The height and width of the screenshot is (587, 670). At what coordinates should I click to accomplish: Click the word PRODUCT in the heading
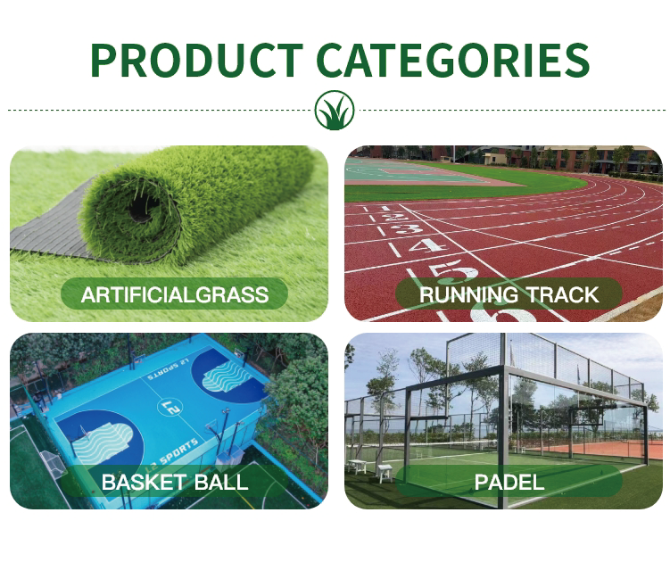click(196, 60)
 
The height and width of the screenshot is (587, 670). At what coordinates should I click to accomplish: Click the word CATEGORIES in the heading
click(453, 60)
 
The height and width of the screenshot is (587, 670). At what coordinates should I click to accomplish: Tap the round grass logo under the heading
click(335, 110)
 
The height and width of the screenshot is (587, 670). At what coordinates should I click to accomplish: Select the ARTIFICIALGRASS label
click(174, 294)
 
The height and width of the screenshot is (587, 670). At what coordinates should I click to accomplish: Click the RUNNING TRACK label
click(509, 294)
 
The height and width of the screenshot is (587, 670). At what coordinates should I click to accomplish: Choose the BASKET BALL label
click(174, 482)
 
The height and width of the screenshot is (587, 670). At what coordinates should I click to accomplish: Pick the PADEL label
click(509, 482)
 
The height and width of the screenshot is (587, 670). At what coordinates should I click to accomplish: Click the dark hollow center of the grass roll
click(141, 208)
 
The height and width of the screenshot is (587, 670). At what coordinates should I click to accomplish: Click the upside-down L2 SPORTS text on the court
click(168, 369)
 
